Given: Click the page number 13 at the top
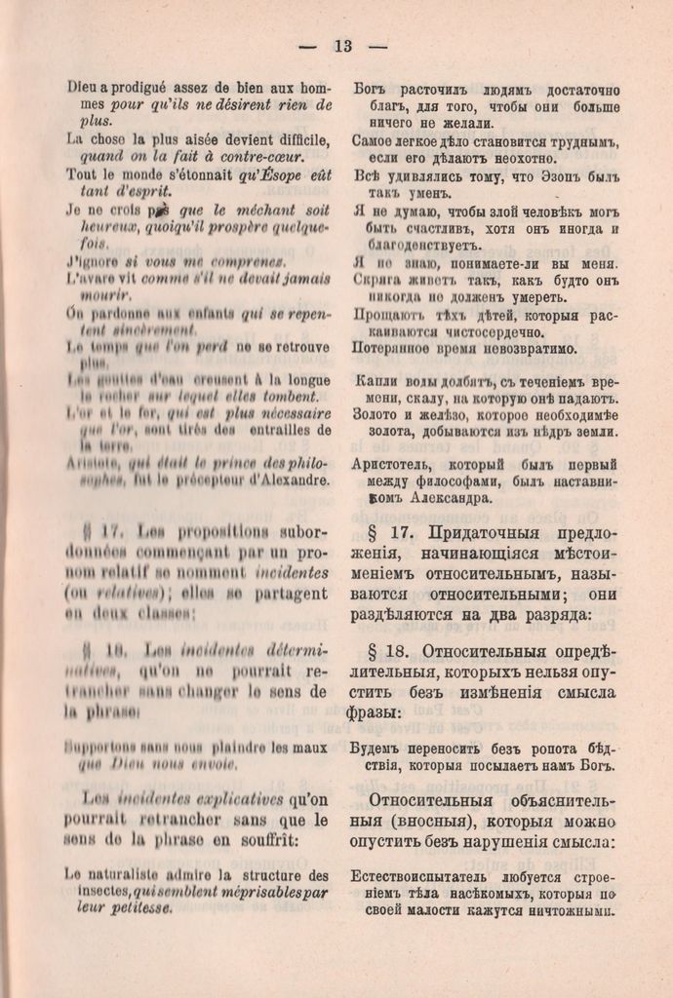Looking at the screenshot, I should [x=342, y=46].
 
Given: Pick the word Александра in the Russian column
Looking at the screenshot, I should [x=448, y=498].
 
